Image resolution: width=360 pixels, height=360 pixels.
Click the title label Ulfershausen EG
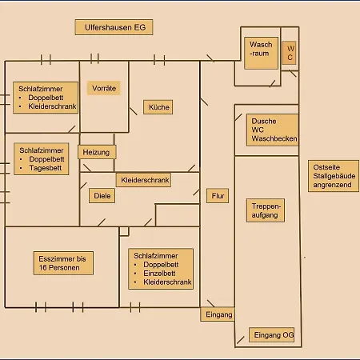pos(114,27)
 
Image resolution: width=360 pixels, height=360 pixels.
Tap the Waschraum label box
pos(262,53)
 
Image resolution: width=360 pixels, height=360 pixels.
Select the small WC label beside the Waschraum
pos(289,53)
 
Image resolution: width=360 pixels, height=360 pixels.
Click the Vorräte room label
pos(104,88)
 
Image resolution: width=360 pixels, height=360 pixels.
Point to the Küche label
pos(158,107)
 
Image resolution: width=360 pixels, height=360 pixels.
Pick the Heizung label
pos(97,152)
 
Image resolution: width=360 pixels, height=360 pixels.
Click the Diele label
pos(102,196)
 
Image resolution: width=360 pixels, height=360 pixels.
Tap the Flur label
pos(218,196)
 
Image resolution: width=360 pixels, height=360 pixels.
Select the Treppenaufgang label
pos(266,210)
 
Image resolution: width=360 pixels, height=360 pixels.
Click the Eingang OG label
pos(272,335)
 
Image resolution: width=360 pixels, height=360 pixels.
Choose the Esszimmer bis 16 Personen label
pos(63,263)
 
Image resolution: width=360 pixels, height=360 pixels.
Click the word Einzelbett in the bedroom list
pos(159,274)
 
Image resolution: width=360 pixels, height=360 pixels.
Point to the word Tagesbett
pos(46,168)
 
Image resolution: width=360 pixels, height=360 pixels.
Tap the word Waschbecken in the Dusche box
pos(274,138)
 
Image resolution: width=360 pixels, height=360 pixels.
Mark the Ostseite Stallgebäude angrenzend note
pos(334,176)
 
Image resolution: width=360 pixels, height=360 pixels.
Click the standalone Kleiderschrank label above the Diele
pos(144,180)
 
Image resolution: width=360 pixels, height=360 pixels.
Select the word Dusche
pos(264,122)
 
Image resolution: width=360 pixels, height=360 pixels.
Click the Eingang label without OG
pos(218,314)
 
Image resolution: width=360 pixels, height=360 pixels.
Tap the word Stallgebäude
pos(334,176)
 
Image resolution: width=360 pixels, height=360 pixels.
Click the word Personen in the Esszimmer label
pos(63,268)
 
